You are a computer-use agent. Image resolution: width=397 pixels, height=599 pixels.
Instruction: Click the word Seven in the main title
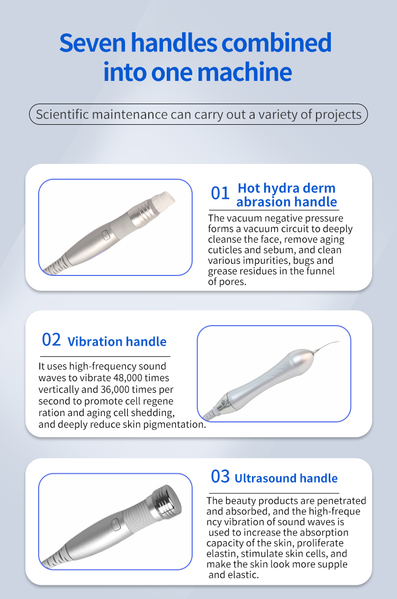93,43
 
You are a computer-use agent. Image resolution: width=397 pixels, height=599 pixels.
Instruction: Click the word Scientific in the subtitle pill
62,114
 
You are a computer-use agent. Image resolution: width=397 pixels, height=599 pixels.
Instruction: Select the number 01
220,193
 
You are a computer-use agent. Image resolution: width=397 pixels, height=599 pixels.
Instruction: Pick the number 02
51,339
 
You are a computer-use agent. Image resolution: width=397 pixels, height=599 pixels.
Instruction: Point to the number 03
220,476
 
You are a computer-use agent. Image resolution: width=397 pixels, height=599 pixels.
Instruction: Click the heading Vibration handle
117,342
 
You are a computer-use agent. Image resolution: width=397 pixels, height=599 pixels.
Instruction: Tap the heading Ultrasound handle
286,478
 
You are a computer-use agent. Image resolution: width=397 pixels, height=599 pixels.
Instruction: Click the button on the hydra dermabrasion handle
105,235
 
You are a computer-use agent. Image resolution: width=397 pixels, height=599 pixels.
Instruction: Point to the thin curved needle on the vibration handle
326,346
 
